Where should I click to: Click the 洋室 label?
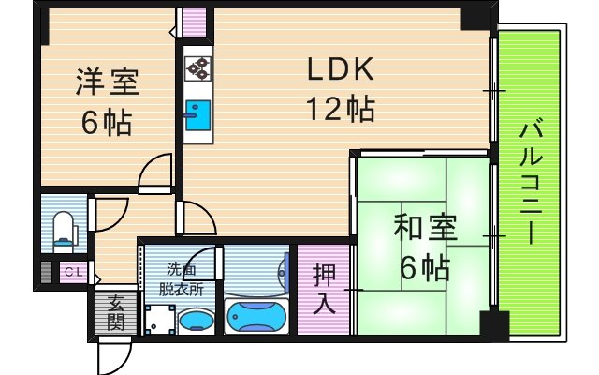click(107, 82)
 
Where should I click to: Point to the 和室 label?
click(424, 228)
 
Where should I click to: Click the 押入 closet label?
click(324, 288)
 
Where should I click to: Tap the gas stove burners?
click(197, 68)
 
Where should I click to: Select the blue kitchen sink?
click(197, 115)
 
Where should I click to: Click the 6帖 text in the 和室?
click(424, 269)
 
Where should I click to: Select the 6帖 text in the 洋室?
click(106, 123)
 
